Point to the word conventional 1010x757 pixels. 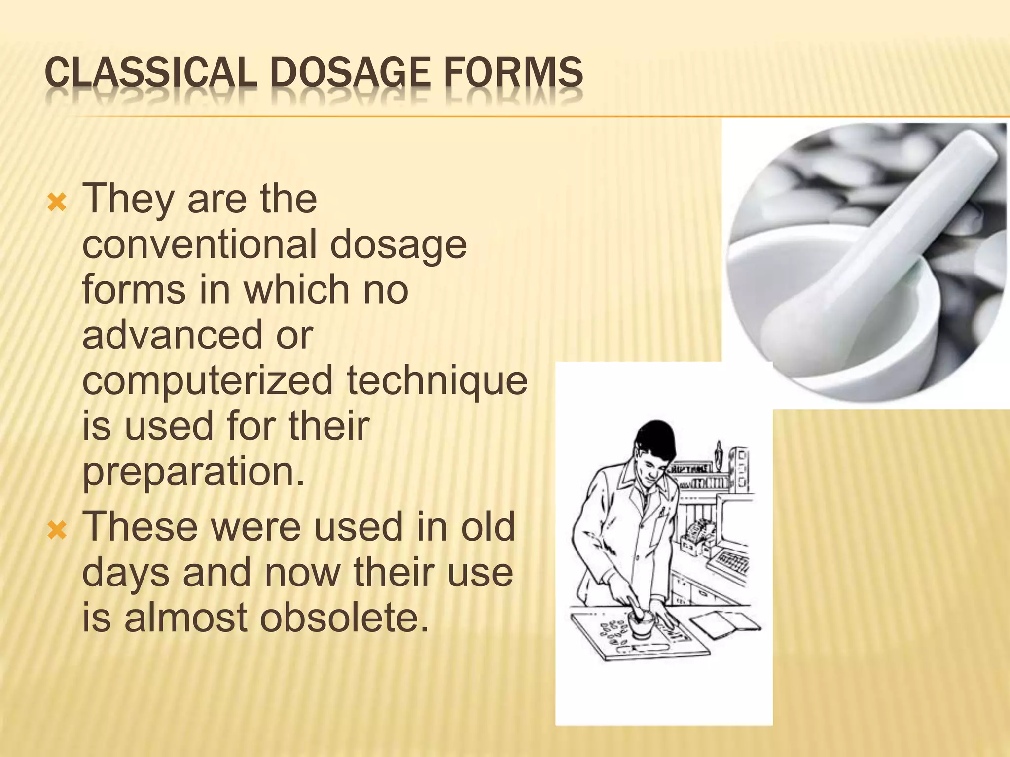[x=199, y=245]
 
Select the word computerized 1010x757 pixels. [x=208, y=381]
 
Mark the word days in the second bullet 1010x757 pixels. [x=126, y=573]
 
